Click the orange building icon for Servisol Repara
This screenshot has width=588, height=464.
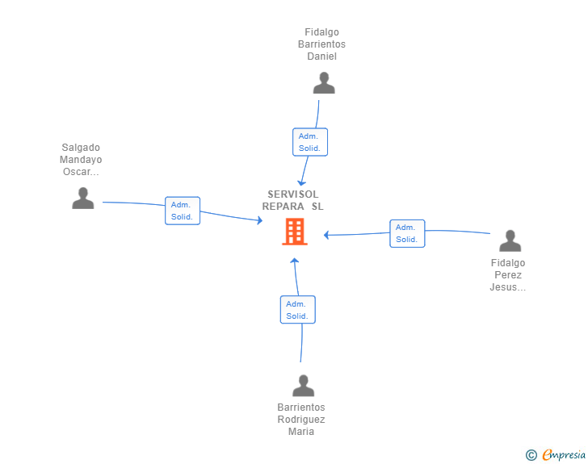295,232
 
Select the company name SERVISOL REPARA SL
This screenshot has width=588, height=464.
293,200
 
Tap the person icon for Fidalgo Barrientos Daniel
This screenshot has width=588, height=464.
324,83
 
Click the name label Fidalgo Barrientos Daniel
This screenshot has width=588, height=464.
321,44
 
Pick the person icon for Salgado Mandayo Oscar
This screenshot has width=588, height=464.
83,198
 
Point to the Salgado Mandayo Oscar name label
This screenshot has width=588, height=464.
81,160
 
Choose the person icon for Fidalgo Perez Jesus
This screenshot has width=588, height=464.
510,240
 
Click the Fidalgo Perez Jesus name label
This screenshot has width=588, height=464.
508,275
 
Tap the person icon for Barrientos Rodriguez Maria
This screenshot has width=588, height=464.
304,385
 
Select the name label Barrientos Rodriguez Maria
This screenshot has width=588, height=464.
301,420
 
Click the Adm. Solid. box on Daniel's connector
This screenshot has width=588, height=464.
310,142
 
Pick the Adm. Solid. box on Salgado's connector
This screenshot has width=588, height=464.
183,211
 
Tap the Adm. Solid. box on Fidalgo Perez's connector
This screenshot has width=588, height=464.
407,233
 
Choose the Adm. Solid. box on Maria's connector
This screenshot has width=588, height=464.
298,310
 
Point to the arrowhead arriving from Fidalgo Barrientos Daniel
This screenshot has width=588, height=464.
301,183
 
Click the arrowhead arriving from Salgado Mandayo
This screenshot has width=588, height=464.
260,220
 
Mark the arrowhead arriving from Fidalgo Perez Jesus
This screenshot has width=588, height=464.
326,235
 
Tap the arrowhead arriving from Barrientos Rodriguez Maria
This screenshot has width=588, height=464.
294,261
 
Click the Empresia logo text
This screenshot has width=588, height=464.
564,455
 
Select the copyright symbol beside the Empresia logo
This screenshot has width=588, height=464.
531,455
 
